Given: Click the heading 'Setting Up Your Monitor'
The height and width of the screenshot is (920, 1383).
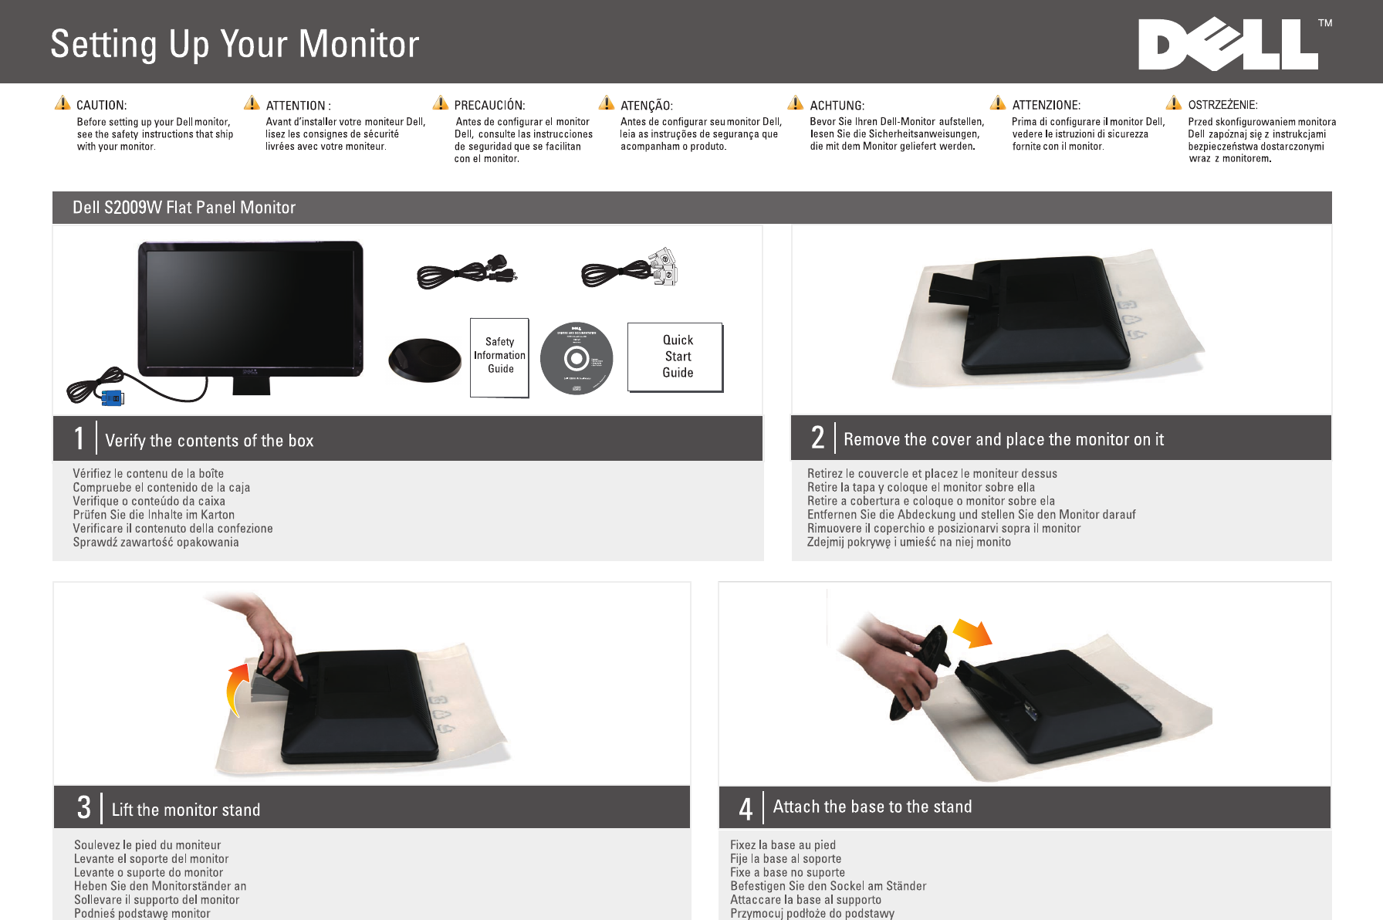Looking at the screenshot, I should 235,44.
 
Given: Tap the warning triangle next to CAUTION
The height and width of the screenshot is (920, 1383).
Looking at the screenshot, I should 63,103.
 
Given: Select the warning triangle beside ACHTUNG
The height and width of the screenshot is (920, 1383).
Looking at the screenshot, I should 796,103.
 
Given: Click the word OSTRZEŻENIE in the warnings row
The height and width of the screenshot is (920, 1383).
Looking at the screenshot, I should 1222,105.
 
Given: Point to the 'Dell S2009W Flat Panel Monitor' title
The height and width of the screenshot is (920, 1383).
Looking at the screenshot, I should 184,208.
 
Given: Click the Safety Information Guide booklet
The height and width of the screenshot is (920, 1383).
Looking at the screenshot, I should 499,357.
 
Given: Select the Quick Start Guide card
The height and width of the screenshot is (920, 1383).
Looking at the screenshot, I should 675,357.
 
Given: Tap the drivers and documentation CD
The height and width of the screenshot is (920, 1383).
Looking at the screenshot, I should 576,358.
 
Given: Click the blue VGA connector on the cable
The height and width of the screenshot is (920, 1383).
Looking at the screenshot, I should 112,398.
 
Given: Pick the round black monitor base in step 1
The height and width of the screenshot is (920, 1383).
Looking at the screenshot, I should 424,360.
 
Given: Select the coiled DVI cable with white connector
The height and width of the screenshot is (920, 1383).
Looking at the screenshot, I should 629,269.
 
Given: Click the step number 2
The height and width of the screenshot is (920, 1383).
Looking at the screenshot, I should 817,438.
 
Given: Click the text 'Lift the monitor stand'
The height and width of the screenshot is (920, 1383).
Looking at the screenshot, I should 186,810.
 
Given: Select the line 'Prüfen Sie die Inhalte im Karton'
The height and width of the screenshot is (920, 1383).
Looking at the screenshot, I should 154,515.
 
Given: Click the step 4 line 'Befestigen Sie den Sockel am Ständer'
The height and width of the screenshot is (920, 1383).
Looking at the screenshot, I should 828,886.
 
